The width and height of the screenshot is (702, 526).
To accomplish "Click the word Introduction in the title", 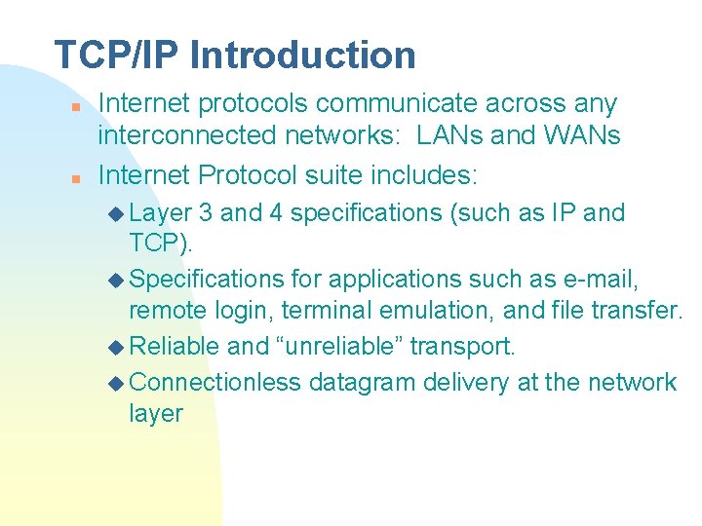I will pyautogui.click(x=303, y=55).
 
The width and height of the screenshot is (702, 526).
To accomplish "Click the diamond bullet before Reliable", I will pyautogui.click(x=116, y=347).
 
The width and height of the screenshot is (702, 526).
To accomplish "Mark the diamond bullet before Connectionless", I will pyautogui.click(x=116, y=383).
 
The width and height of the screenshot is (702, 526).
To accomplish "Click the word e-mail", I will pyautogui.click(x=602, y=281).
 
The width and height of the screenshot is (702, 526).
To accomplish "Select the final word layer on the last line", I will pyautogui.click(x=155, y=414).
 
